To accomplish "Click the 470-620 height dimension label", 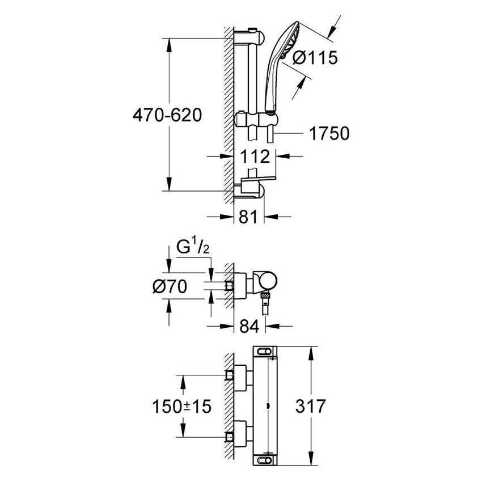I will (x=167, y=116).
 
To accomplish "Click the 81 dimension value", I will (x=248, y=217).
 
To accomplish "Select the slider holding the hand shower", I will (x=257, y=121).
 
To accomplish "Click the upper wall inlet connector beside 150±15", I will (x=238, y=375).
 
